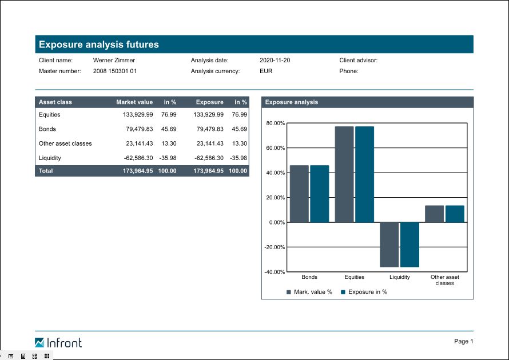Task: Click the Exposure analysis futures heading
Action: tap(99, 45)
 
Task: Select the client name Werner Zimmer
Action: tap(114, 60)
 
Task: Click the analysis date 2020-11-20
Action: tap(275, 60)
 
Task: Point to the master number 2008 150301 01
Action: tap(115, 71)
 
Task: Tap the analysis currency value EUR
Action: tap(266, 71)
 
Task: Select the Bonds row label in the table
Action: tap(47, 129)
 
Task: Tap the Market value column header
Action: tap(134, 102)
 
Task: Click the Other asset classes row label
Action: tap(65, 144)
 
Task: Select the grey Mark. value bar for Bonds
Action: tap(299, 194)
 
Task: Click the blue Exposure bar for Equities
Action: tap(364, 174)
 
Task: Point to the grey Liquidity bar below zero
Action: tap(389, 245)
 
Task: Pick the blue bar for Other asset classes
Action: tap(455, 214)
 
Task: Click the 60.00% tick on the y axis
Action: tap(276, 148)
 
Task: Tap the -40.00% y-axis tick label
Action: tap(275, 272)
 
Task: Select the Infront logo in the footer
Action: tap(58, 343)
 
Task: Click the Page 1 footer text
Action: tap(464, 342)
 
